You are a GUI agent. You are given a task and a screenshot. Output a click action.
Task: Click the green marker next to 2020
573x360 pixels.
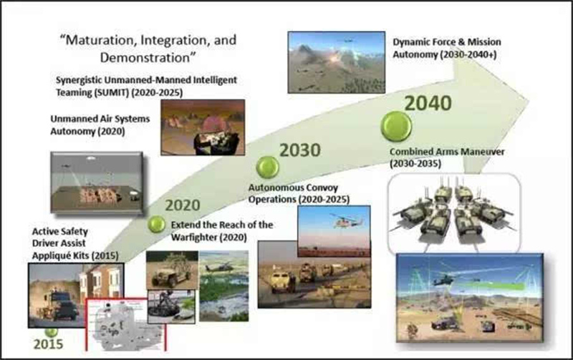tap(157, 224)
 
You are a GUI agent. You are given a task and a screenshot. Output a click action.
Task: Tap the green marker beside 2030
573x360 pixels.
tap(267, 167)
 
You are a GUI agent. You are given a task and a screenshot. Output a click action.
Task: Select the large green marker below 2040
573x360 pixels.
tap(396, 127)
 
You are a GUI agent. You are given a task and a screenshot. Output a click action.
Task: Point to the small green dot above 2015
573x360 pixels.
tap(51, 332)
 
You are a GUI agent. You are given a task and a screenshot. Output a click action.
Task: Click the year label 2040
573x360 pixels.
tap(428, 103)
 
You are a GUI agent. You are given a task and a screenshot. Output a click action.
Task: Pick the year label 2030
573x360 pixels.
tap(300, 150)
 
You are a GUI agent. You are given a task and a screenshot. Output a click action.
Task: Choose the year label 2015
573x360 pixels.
tap(48, 344)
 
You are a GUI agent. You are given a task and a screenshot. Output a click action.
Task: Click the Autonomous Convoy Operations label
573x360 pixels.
tap(299, 193)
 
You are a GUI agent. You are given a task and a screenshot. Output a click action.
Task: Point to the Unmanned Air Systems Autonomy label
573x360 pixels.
tap(100, 125)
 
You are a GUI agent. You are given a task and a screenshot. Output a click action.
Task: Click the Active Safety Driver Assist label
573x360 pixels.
tap(60, 238)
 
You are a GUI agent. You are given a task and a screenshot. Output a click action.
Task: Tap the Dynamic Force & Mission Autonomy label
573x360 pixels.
tap(446, 48)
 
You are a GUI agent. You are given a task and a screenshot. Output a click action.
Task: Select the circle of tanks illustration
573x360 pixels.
tap(454, 213)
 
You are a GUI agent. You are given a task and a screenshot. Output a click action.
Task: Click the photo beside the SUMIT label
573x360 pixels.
tap(203, 127)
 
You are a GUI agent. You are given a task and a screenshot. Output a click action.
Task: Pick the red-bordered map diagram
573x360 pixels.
tap(126, 325)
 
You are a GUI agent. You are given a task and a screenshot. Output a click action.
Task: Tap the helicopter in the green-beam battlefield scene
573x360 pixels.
tap(444, 281)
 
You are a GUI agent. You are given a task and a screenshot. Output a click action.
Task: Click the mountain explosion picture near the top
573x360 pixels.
tap(336, 62)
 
